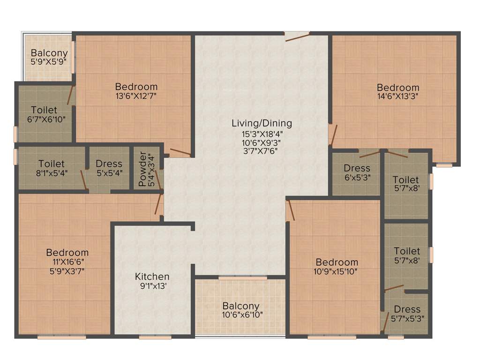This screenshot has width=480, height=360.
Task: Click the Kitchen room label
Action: click(152, 277)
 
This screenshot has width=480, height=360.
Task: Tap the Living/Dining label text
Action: click(262, 123)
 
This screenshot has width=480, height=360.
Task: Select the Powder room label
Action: click(143, 169)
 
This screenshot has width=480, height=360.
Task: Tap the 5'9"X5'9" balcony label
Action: click(49, 61)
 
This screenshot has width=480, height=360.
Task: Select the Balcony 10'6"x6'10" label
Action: click(241, 310)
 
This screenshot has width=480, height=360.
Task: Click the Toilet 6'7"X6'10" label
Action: click(45, 114)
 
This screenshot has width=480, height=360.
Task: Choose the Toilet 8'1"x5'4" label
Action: click(52, 168)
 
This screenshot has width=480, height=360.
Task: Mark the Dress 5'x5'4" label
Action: click(109, 168)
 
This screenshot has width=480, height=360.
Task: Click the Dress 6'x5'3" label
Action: click(357, 172)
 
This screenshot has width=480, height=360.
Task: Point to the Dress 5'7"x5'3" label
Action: click(407, 314)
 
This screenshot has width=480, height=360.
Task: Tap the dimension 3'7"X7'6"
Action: click(262, 151)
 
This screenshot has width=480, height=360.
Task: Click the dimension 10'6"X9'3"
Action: click(262, 142)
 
